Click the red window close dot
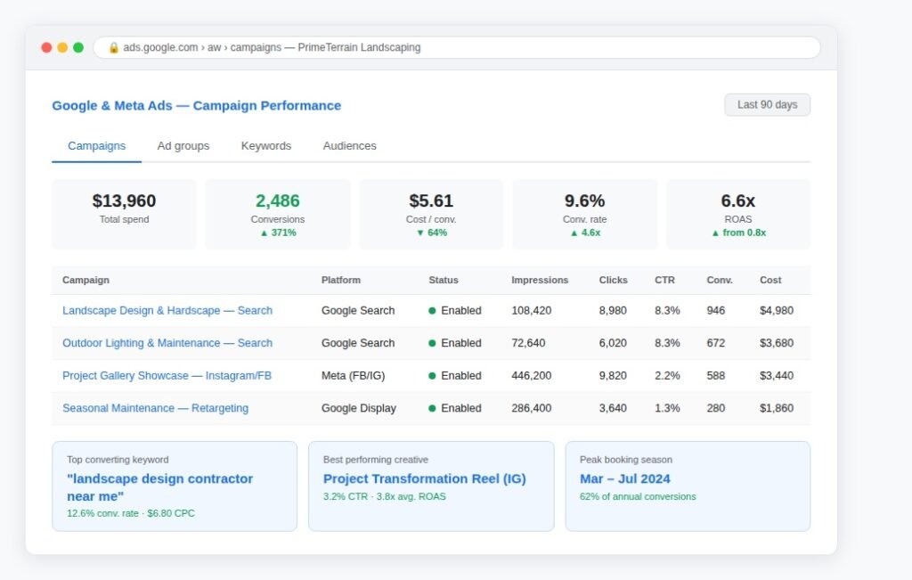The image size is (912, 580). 46,48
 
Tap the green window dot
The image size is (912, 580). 78,48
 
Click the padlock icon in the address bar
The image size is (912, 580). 113,48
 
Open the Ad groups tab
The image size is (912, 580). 183,146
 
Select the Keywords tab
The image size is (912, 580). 265,146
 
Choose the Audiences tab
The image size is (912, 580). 349,146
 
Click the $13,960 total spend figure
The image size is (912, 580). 124,200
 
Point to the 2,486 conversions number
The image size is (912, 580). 278,200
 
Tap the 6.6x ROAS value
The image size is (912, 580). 738,200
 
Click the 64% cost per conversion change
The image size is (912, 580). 432,233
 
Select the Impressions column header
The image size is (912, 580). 540,280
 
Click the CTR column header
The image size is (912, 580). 664,280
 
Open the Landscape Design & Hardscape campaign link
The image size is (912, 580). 167,311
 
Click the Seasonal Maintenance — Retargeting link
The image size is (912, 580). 155,408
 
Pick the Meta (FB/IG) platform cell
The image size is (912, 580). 353,376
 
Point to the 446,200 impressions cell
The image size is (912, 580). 531,376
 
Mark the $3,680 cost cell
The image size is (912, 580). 777,343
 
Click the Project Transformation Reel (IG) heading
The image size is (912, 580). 425,478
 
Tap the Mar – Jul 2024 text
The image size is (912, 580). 624,478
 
